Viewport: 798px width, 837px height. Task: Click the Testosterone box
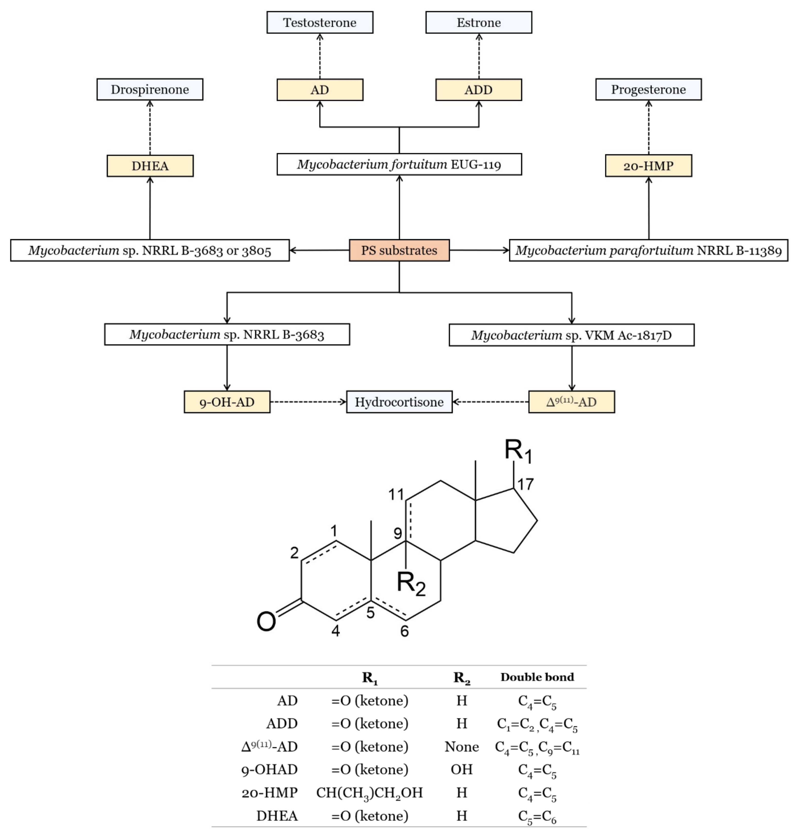[320, 23]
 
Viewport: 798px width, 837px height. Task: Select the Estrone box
[478, 23]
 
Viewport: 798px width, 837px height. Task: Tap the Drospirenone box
[150, 89]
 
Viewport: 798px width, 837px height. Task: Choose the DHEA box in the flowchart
[150, 166]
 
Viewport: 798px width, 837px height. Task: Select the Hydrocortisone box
[399, 402]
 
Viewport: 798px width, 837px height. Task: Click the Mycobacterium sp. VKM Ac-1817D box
[571, 335]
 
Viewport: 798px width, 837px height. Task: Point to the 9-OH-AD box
[227, 402]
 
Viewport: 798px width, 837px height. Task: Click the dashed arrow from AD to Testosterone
[320, 56]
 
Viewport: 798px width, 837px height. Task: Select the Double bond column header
[537, 677]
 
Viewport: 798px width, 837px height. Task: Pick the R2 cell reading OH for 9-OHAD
[462, 769]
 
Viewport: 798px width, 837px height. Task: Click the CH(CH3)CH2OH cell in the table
[369, 793]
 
